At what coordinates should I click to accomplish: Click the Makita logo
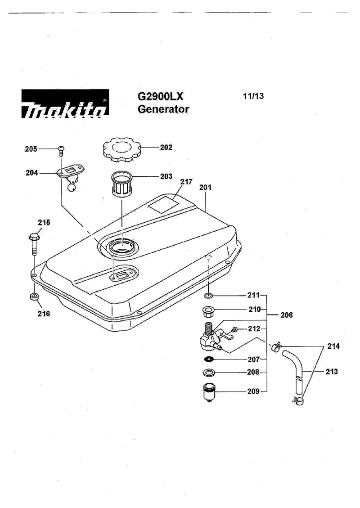[65, 103]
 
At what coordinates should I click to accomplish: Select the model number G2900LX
[160, 96]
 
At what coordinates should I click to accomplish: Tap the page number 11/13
[253, 96]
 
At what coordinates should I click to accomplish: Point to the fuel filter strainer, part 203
[121, 184]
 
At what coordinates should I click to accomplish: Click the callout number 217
[186, 182]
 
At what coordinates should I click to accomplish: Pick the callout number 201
[206, 187]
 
